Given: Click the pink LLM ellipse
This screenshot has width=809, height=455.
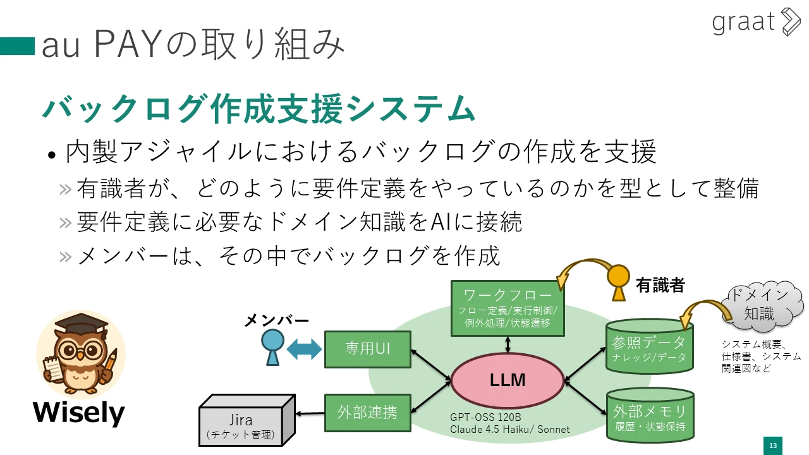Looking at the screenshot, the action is tap(508, 380).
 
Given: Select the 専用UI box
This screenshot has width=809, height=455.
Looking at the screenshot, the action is tap(368, 349).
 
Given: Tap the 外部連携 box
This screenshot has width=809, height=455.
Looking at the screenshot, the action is tap(368, 413).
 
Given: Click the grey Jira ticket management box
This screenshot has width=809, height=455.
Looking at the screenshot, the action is tap(247, 420).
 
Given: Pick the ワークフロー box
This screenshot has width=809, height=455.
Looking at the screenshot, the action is tap(508, 308).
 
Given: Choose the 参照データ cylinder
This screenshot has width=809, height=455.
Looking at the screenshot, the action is tap(649, 346).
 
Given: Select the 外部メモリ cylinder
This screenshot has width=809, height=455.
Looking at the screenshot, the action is tap(650, 415).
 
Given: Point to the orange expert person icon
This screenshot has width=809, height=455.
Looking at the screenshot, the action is tap(618, 282).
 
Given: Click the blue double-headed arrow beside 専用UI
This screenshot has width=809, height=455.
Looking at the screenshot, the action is tap(304, 349).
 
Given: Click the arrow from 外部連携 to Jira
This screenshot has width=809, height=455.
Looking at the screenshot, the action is tap(310, 413).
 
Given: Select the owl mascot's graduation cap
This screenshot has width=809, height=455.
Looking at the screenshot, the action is tap(81, 324).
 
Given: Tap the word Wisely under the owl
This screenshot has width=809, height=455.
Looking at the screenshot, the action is tap(79, 413).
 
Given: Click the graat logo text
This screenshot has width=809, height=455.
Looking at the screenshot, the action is tap(743, 22).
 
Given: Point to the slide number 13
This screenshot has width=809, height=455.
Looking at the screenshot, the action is tap(773, 446).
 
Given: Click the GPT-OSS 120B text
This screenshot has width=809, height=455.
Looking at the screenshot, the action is tap(485, 418).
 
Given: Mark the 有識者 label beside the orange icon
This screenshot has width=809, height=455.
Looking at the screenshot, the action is tap(660, 285).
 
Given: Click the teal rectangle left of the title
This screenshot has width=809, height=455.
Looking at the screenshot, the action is tap(17, 46).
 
